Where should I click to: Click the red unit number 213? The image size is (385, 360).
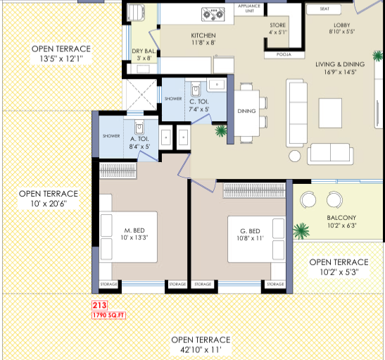click(99, 306)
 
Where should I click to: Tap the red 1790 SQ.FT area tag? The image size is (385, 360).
click(109, 316)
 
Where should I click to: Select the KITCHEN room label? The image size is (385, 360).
click(203, 36)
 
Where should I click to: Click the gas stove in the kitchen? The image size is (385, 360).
click(213, 14)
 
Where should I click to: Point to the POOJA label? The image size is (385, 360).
click(284, 54)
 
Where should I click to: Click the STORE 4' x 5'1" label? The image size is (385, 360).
click(278, 28)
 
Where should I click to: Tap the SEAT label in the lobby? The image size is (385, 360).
click(324, 9)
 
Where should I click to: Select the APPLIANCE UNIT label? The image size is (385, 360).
click(249, 8)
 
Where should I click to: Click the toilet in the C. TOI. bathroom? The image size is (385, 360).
click(196, 89)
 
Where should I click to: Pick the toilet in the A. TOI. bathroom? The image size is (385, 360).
click(139, 127)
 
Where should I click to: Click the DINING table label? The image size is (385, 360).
click(246, 111)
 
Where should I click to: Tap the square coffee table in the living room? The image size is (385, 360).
click(330, 113)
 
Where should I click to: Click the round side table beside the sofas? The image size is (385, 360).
click(295, 156)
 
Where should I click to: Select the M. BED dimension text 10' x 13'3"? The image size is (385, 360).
click(134, 237)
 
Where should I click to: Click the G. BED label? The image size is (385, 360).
click(250, 231)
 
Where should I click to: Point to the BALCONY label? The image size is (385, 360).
click(341, 218)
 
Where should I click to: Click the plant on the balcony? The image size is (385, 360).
click(301, 231)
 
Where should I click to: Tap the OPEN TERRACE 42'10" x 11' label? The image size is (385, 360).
click(201, 345)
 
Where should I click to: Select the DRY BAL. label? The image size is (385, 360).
click(144, 51)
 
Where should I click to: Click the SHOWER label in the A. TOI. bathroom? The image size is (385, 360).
click(111, 136)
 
